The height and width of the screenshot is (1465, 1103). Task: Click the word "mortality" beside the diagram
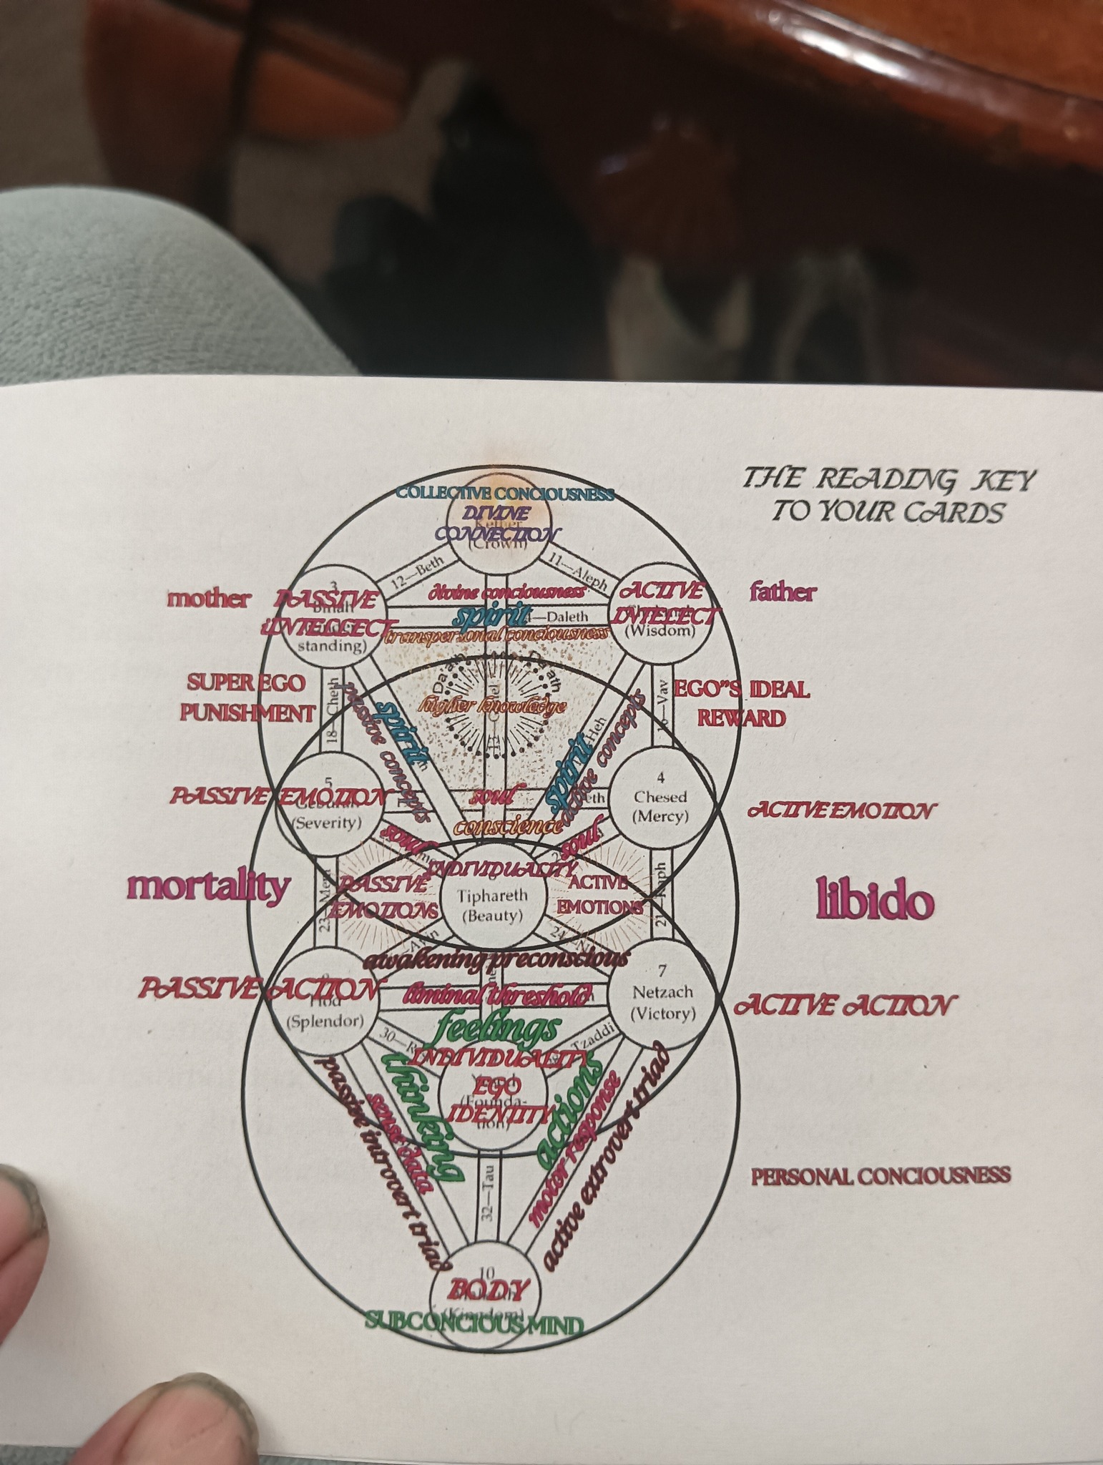coord(208,887)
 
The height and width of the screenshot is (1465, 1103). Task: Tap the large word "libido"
coord(875,901)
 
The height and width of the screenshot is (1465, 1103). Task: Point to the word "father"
coord(783,592)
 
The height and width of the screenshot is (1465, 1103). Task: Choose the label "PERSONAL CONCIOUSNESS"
coord(881,1175)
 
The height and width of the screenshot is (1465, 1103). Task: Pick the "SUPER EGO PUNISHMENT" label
coord(247,697)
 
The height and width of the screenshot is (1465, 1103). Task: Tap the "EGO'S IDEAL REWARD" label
coord(742,703)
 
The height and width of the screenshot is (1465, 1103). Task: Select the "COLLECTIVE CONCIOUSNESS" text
coord(505,493)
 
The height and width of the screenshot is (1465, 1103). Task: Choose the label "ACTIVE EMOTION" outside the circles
coord(840,811)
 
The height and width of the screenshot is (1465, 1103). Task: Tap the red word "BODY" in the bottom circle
coord(488,1289)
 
